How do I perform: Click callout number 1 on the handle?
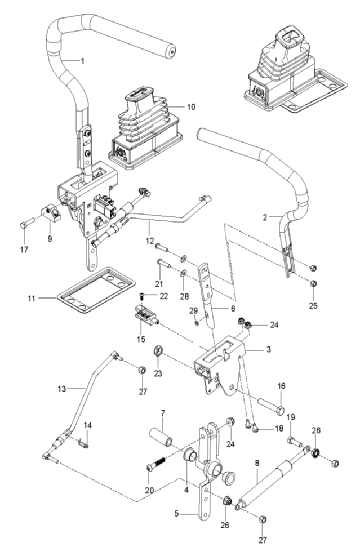[83, 61]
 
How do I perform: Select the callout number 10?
[191, 106]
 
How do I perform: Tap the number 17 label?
[24, 250]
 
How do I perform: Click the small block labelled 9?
[51, 215]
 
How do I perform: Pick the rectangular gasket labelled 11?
[96, 290]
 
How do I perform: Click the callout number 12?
[150, 241]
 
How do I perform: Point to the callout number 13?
[62, 389]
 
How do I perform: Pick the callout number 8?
[257, 462]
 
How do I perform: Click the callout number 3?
[269, 349]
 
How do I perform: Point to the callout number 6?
[233, 309]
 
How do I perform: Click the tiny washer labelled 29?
[197, 323]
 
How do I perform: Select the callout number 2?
[265, 217]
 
